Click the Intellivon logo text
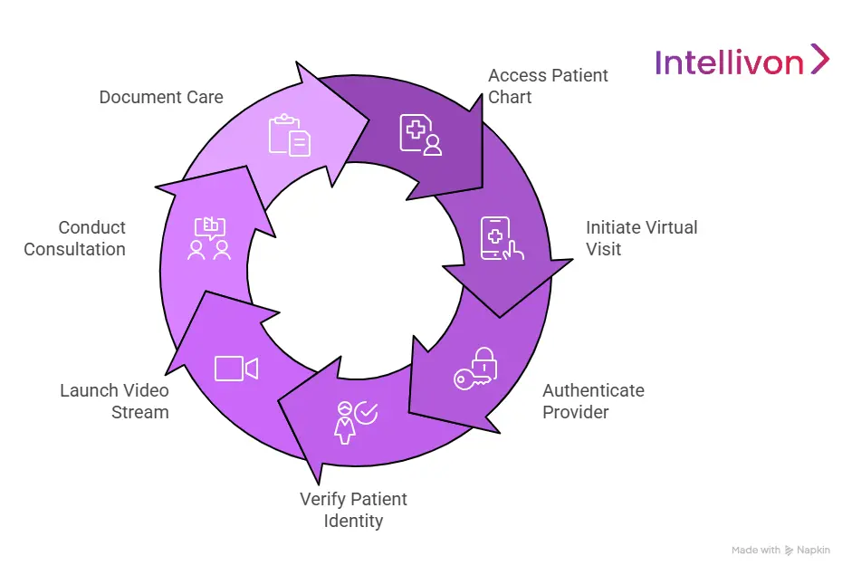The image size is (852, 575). (729, 62)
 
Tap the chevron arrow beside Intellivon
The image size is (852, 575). (819, 59)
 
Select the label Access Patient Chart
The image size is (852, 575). (548, 86)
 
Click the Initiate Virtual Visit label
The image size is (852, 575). (641, 238)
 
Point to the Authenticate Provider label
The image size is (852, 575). (593, 401)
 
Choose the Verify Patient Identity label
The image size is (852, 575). (353, 510)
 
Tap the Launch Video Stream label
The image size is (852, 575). (114, 401)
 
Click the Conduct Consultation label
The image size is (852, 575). (74, 238)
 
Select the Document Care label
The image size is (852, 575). (161, 97)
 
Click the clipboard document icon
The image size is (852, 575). (289, 135)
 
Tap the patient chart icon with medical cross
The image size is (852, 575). (421, 134)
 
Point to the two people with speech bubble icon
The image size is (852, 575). (209, 239)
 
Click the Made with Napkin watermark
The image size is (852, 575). (780, 550)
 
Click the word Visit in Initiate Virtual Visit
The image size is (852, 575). (603, 249)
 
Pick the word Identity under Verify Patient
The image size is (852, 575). (353, 521)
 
